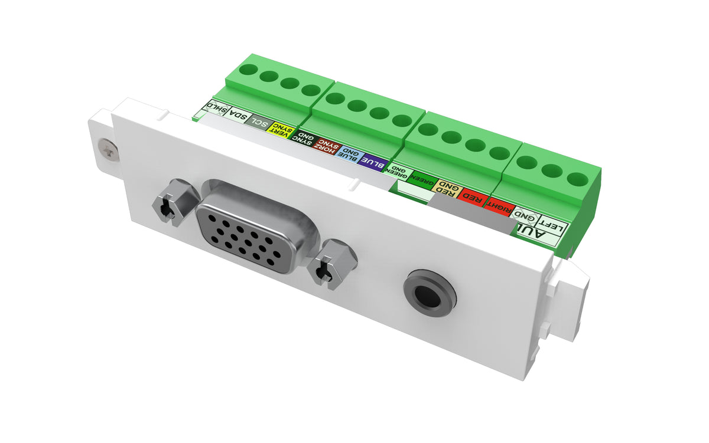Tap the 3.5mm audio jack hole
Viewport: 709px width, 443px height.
pyautogui.click(x=430, y=293)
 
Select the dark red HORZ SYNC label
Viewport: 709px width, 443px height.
pyautogui.click(x=327, y=146)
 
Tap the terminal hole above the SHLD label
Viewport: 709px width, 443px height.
pyautogui.click(x=248, y=70)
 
